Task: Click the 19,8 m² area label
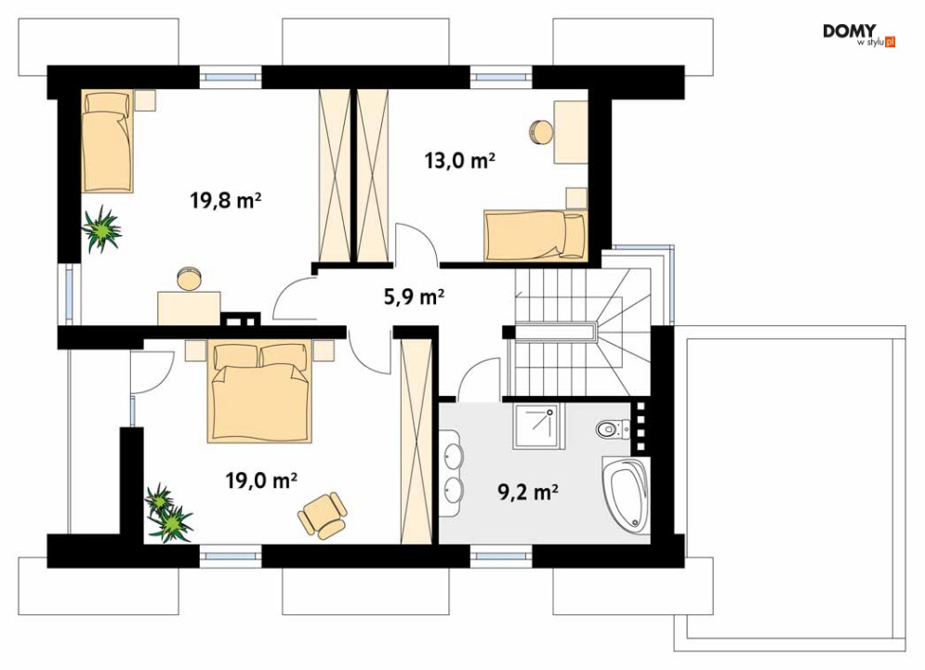[225, 201]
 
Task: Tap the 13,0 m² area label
[459, 160]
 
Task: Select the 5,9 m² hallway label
[414, 296]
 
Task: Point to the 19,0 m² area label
[260, 480]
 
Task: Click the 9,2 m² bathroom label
[528, 492]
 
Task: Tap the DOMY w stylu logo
[859, 34]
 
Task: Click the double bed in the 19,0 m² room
[259, 392]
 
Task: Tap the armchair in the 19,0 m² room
[322, 515]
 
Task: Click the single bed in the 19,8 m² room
[107, 141]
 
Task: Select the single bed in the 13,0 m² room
[535, 235]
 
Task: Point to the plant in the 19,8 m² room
[102, 229]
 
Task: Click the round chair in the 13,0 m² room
[540, 131]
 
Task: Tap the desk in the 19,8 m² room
[189, 308]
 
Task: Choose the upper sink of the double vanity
[453, 455]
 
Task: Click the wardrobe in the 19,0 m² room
[416, 441]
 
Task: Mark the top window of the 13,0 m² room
[501, 77]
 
